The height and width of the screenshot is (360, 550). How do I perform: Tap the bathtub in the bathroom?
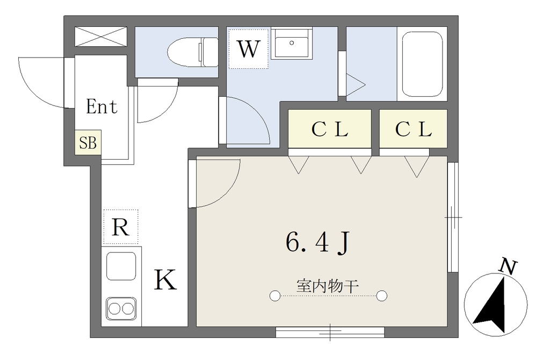(422, 64)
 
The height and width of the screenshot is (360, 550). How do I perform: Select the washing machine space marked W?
(248, 49)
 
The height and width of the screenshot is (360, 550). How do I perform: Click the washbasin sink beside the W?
(292, 43)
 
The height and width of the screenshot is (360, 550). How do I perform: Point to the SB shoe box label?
(88, 142)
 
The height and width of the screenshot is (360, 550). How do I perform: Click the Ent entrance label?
(102, 106)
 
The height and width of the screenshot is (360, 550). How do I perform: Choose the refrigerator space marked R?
(121, 227)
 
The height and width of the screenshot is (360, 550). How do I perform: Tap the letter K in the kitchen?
(165, 279)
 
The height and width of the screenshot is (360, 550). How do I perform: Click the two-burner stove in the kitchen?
(121, 309)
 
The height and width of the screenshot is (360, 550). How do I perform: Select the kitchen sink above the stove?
(121, 266)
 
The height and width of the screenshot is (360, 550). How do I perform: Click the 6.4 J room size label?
(318, 242)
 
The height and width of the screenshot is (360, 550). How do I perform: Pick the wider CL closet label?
(330, 129)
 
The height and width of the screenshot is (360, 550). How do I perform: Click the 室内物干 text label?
(327, 286)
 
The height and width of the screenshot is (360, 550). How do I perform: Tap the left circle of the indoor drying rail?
(275, 296)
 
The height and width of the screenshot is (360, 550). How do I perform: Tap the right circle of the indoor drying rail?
(382, 296)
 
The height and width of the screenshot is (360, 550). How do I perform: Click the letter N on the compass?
(509, 267)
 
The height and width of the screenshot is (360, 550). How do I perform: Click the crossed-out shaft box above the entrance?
(101, 37)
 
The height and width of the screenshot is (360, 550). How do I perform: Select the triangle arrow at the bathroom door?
(356, 84)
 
